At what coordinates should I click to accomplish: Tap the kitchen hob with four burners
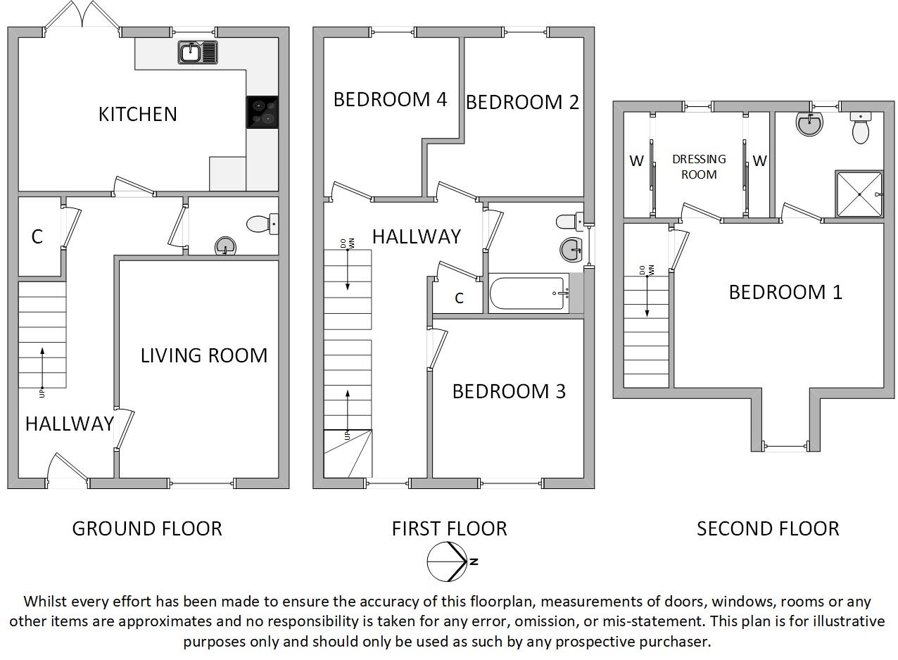coord(262,112)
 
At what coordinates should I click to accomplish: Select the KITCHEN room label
coord(137,114)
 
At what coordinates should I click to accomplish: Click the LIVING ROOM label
coord(204,355)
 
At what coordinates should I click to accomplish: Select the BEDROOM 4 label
coord(390,99)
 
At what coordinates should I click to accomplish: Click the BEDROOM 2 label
coord(522,102)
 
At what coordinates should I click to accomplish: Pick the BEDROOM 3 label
coord(508,391)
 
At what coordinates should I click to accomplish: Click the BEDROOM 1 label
coord(785,292)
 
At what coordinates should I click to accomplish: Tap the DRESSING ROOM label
coord(698,167)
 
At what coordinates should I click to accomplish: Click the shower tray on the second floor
coord(858,194)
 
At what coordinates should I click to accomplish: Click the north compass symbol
coord(448,562)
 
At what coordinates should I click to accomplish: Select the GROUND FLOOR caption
coord(147,528)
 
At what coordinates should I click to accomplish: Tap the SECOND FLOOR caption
coord(768,528)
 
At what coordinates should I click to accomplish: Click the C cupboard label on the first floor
coord(459,298)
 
